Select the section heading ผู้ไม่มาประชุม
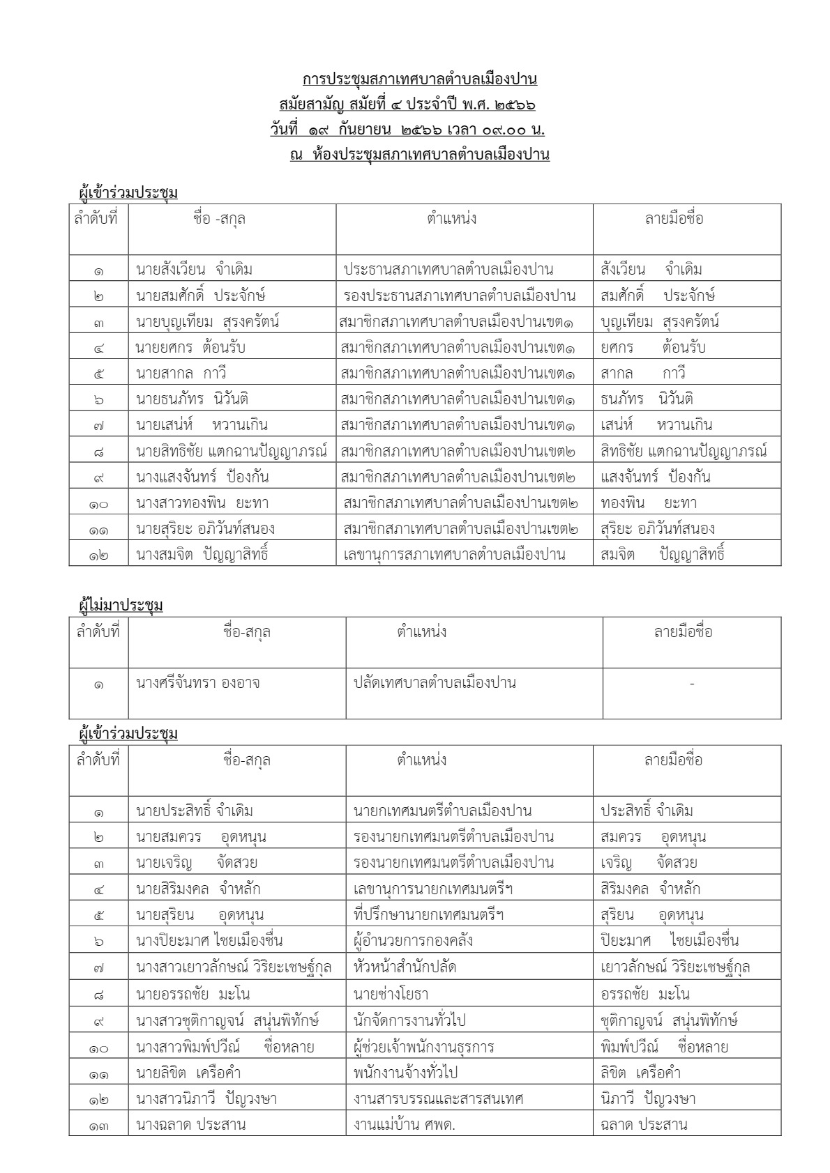click(121, 606)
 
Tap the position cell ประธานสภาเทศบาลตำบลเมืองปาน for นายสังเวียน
click(448, 269)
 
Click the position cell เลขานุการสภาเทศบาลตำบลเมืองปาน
click(454, 555)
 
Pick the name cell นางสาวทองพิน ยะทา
click(202, 503)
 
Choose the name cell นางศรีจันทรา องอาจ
click(198, 683)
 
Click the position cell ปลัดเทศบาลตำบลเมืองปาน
click(435, 683)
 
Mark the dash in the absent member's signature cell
click(691, 684)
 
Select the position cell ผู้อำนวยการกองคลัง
click(414, 941)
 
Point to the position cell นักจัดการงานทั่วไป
click(409, 1020)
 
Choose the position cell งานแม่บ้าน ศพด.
click(405, 1124)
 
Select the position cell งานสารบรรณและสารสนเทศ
click(439, 1098)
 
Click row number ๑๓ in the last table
click(98, 1124)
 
